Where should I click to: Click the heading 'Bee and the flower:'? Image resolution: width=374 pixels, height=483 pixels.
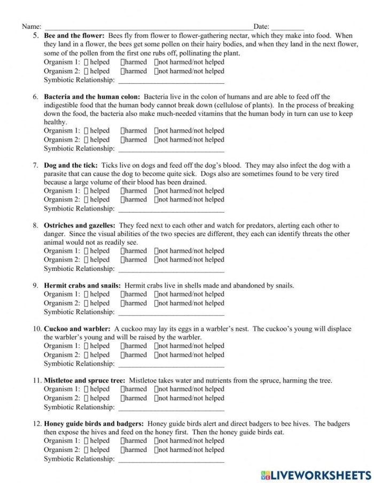point(74,36)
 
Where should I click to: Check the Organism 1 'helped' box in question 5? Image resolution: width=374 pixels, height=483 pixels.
point(86,62)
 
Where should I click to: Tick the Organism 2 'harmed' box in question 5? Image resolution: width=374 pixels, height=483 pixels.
point(123,71)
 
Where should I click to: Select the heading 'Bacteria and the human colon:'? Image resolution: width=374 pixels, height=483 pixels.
point(92,97)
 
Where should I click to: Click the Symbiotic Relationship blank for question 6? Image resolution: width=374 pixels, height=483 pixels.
point(171,150)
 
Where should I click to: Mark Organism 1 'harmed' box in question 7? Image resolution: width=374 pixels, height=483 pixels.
point(123,191)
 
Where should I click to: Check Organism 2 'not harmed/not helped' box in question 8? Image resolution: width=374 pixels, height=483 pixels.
point(157,260)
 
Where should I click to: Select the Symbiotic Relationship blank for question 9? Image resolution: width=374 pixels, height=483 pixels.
point(171,313)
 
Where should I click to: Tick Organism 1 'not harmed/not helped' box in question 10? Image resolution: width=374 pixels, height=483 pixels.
point(157,346)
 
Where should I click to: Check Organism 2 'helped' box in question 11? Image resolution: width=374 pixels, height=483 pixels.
point(86,398)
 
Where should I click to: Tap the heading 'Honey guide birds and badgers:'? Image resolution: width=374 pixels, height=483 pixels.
point(93,424)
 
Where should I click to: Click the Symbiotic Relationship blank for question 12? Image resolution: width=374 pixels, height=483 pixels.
point(171,459)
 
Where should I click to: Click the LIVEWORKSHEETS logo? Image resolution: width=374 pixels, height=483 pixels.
point(316,474)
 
